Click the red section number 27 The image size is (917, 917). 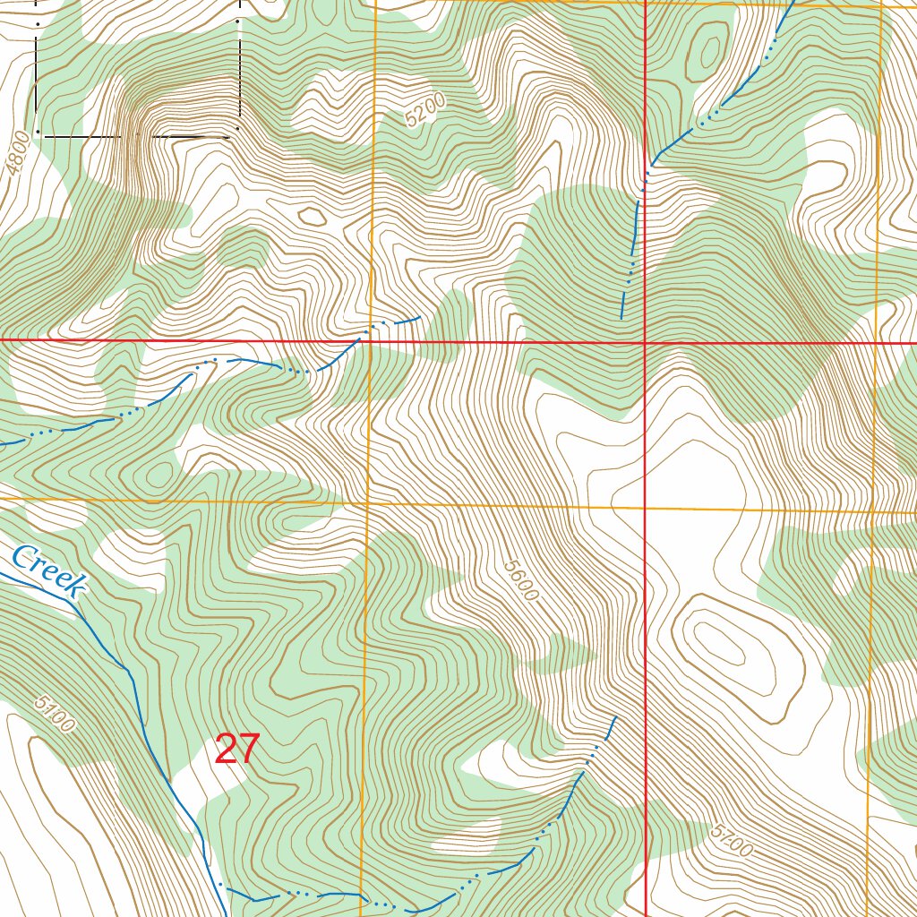pos(237,750)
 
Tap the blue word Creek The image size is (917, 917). pos(49,572)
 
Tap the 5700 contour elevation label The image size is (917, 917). pos(730,840)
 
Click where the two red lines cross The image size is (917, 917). pos(646,342)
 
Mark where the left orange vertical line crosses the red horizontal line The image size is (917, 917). pos(371,341)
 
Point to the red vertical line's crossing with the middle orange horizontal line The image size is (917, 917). pos(646,507)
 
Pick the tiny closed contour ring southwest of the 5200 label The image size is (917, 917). pos(313,216)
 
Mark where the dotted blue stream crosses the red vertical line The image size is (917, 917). pos(646,170)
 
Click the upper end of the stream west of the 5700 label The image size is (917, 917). pos(615,717)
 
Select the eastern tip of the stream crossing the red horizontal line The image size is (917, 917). pos(419,316)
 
